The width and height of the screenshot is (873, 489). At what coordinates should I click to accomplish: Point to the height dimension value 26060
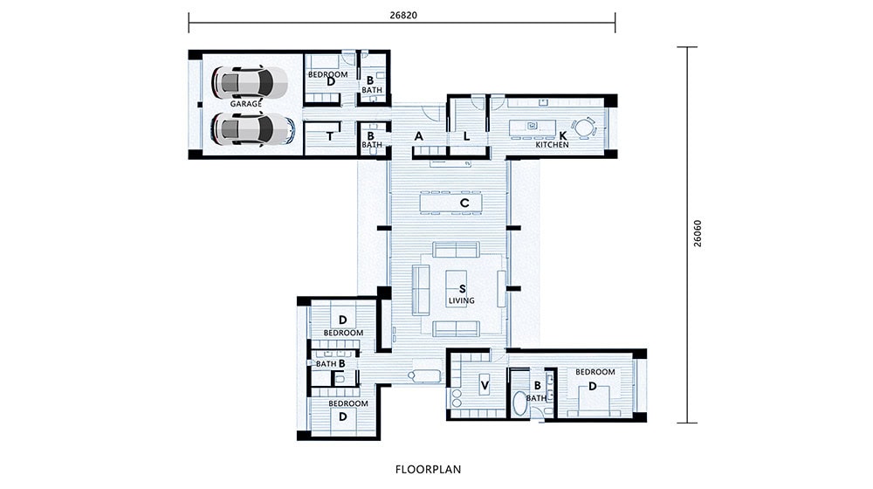tap(697, 234)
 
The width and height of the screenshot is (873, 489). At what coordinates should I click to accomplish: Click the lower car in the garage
tap(251, 130)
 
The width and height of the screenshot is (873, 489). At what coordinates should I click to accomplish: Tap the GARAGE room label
tap(246, 104)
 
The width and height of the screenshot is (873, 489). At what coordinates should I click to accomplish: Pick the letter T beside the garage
tap(330, 136)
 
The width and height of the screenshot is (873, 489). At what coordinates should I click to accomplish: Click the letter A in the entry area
tap(418, 136)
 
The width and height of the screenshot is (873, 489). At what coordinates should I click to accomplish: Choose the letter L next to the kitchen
tap(466, 136)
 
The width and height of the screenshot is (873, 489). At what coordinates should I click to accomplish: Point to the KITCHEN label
tap(552, 145)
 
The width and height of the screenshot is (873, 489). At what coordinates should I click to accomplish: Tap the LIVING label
tap(461, 300)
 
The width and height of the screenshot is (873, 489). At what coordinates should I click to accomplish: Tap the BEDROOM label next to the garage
tap(327, 75)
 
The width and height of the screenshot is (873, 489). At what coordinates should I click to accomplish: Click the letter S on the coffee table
tap(462, 287)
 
